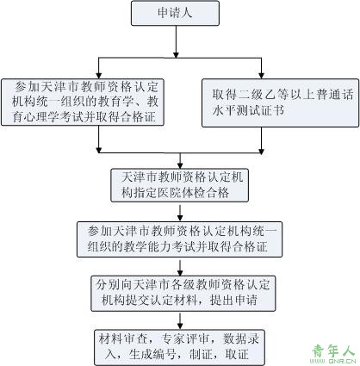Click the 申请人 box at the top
[175, 13]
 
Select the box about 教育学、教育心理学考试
[83, 102]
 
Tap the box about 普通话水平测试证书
[280, 102]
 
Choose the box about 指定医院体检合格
[179, 185]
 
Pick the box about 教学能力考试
[179, 239]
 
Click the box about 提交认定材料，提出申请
[183, 294]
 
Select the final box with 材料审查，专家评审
[179, 347]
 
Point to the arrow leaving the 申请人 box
[176, 42]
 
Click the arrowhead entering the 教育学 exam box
[99, 75]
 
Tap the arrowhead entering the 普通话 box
[261, 75]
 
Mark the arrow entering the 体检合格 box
[180, 161]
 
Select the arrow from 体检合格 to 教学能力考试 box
[180, 213]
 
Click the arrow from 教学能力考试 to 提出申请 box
[180, 268]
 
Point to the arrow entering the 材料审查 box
[180, 321]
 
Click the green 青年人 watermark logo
[333, 350]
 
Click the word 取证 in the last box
[237, 355]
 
